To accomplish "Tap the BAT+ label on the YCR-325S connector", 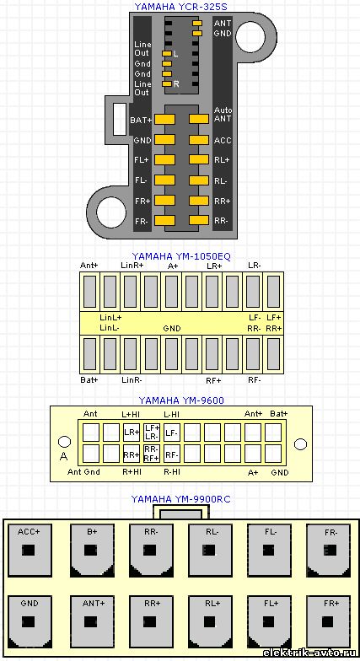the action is coord(141,120).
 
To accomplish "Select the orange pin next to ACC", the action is coord(199,140).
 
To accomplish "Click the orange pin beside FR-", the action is coord(165,221).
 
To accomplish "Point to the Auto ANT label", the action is coord(223,115).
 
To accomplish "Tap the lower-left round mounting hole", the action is coord(111,212).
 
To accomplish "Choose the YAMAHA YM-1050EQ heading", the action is coord(181,256).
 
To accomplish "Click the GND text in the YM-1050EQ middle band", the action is coord(172,328).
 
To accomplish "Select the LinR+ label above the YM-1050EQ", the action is coord(132,266).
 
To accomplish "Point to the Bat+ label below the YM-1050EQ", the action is coord(89,379).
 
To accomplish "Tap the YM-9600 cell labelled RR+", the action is coord(132,454).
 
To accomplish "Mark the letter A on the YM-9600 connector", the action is coord(64,455).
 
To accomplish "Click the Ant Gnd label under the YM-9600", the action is coord(83,472).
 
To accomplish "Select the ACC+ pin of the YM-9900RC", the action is coord(30,550).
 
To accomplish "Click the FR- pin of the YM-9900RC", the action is coord(329,550).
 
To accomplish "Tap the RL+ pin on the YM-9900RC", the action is coord(210,622).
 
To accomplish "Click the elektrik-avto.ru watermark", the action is coord(310,653).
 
